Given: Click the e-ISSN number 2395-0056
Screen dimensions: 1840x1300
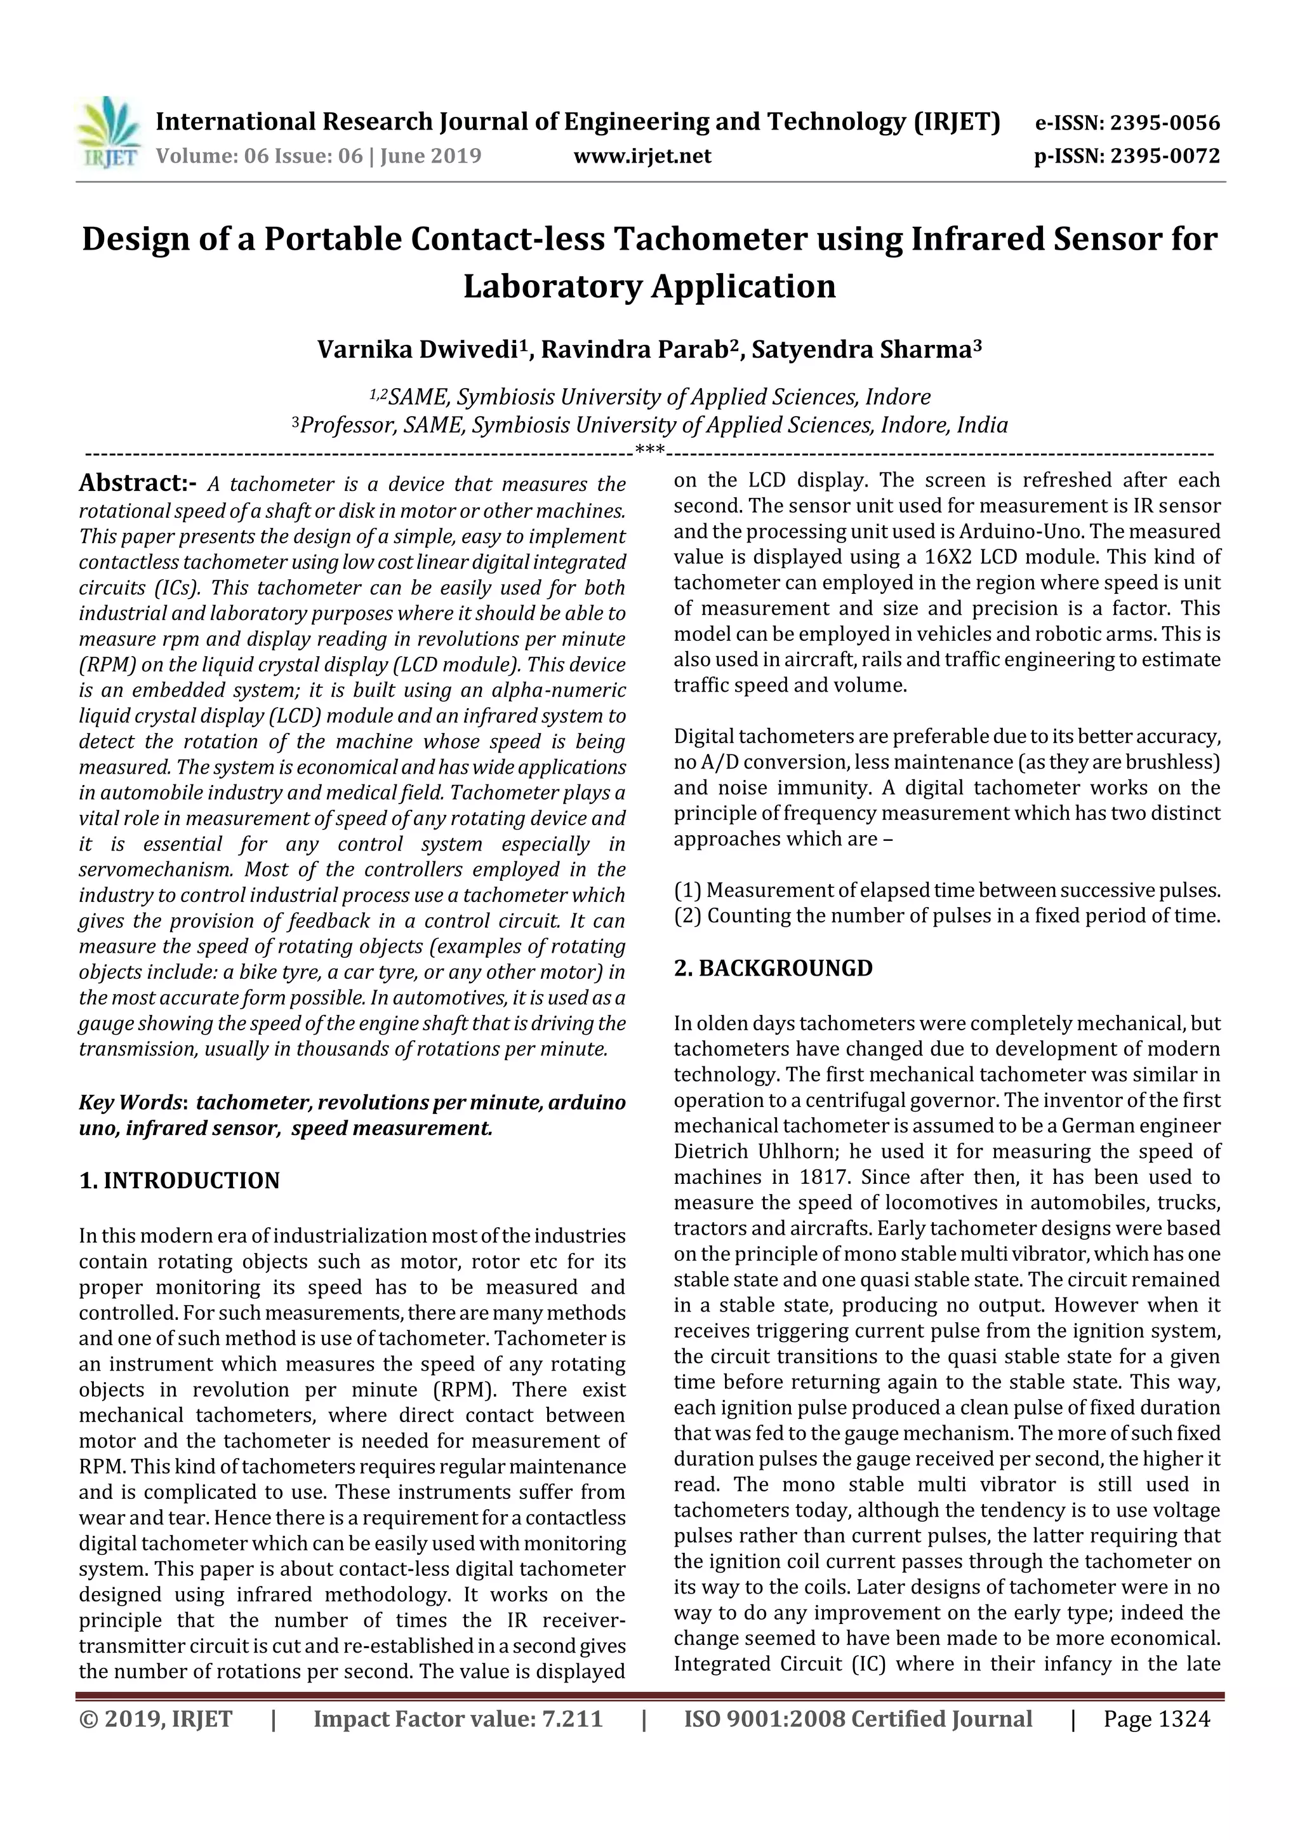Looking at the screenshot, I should pos(1165,123).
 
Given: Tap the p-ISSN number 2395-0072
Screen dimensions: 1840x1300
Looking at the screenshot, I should pos(1165,156).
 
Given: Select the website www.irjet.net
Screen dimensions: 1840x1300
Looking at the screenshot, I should pos(642,156).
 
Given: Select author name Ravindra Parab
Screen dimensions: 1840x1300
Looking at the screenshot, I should pos(637,350).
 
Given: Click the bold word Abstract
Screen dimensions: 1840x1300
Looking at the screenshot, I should pos(131,483).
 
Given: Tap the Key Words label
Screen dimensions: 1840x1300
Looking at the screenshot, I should pos(132,1103).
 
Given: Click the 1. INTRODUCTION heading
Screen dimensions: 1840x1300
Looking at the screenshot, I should pos(180,1181).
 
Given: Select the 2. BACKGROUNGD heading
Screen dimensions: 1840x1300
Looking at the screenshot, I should pos(773,968).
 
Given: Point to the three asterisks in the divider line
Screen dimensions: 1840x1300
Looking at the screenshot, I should pos(649,451).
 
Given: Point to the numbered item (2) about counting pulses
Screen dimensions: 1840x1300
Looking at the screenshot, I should pos(947,915).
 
